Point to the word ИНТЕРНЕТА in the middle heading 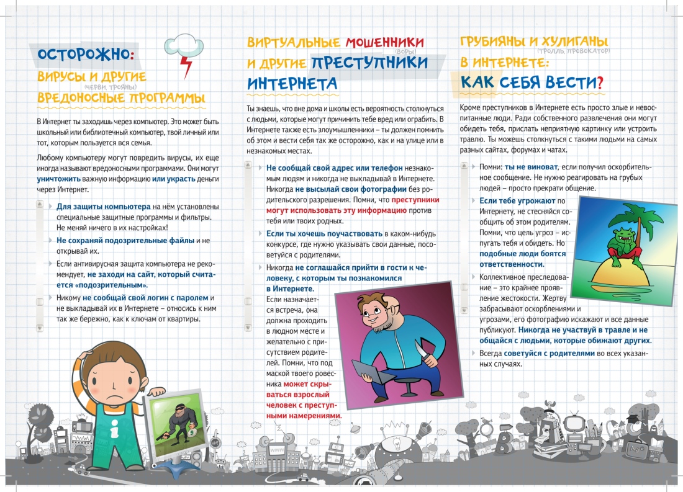pyautogui.click(x=292, y=83)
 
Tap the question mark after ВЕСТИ pyautogui.click(x=600, y=81)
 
